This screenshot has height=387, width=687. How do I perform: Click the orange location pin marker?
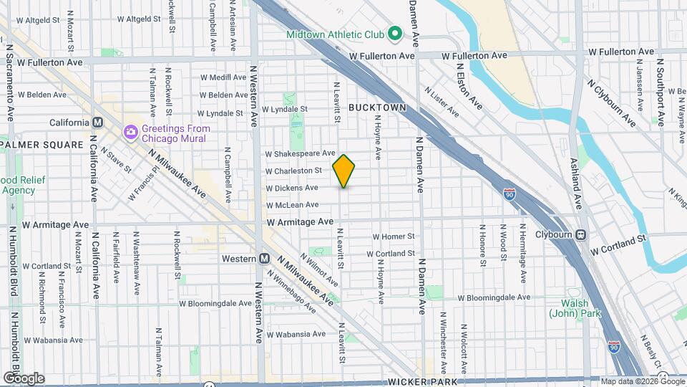pyautogui.click(x=344, y=171)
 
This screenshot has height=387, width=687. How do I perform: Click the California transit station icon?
pyautogui.click(x=95, y=123)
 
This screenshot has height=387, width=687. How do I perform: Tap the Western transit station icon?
pyautogui.click(x=264, y=258)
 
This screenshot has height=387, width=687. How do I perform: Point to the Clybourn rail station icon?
pyautogui.click(x=580, y=234)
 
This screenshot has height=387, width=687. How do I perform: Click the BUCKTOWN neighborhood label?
pyautogui.click(x=377, y=107)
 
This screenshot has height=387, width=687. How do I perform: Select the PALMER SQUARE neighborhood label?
pyautogui.click(x=42, y=145)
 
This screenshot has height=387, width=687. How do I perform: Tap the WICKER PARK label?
pyautogui.click(x=423, y=382)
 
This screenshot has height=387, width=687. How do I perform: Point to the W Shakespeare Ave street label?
pyautogui.click(x=300, y=153)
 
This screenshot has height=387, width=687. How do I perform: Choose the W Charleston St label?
pyautogui.click(x=293, y=171)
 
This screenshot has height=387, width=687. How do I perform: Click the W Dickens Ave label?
pyautogui.click(x=291, y=188)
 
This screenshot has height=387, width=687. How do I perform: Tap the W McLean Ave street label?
pyautogui.click(x=292, y=205)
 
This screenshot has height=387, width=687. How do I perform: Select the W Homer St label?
pyautogui.click(x=394, y=236)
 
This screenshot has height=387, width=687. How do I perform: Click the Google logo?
pyautogui.click(x=24, y=378)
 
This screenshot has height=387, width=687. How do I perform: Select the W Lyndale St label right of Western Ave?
pyautogui.click(x=283, y=110)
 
